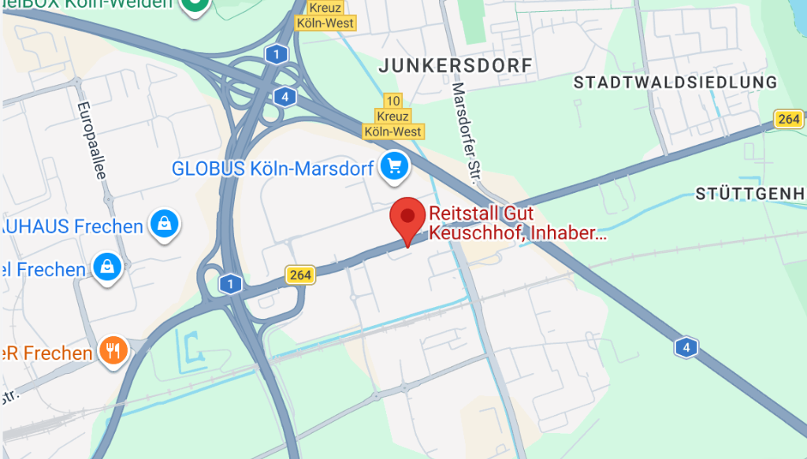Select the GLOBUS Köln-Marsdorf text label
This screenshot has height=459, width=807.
[273, 168]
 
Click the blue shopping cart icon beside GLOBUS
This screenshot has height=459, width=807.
[393, 166]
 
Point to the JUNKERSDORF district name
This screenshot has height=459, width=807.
[456, 65]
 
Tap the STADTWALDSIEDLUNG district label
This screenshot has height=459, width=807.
[675, 83]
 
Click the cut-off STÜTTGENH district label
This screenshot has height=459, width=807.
[750, 194]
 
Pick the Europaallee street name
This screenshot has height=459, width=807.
[91, 139]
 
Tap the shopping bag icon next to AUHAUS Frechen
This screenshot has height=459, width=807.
[164, 224]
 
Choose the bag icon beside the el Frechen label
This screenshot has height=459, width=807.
[106, 268]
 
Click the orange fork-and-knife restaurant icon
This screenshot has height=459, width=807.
[114, 350]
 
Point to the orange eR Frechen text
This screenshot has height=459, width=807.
[46, 354]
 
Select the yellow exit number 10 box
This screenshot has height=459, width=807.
[392, 101]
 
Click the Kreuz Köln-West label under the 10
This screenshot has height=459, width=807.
[392, 124]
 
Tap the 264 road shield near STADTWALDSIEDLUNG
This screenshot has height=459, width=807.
[788, 119]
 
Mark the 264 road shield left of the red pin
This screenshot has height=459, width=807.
[299, 274]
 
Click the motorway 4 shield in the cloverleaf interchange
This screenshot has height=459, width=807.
[284, 97]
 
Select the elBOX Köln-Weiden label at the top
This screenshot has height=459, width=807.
[87, 4]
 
